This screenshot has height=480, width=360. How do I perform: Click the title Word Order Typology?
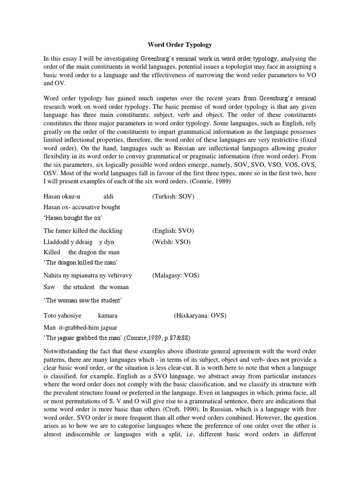pos(180,45)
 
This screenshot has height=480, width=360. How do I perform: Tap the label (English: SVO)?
pos(172,231)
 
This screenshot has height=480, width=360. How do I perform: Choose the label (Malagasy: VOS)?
pos(176,276)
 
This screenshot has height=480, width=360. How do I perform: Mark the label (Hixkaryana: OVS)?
pos(200,315)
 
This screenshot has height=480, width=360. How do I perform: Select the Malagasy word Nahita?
pos(53,276)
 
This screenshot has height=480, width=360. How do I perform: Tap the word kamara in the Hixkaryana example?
pos(108,315)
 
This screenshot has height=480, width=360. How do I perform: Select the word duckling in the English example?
pos(109,231)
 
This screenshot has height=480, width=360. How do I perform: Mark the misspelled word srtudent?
pos(84,287)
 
